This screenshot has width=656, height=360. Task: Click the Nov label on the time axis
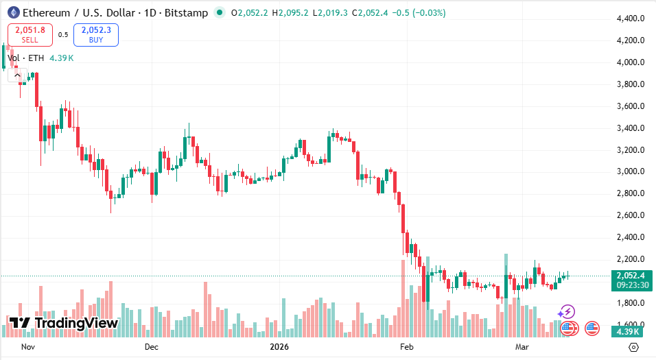click(x=28, y=347)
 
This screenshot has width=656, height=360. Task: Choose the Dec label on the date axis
click(x=152, y=347)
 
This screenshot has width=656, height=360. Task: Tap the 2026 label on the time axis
click(x=279, y=347)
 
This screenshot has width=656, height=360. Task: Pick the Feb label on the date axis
click(x=406, y=347)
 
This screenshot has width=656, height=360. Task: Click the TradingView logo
click(x=64, y=323)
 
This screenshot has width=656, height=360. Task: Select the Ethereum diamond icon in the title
click(x=12, y=12)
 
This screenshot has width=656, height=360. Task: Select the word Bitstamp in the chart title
click(x=186, y=13)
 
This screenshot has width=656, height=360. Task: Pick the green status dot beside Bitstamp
click(x=219, y=12)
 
